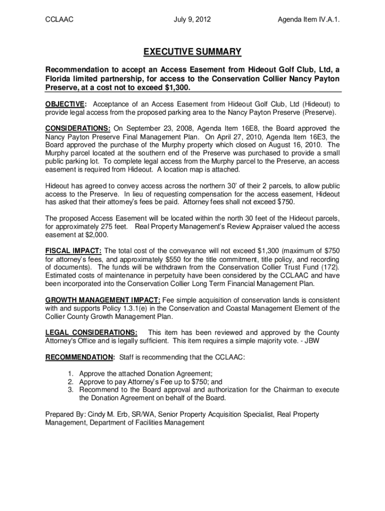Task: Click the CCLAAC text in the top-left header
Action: coord(59,20)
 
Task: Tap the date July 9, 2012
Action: coord(192,20)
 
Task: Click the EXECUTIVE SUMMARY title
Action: coord(192,52)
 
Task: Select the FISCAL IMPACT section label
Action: coord(73,251)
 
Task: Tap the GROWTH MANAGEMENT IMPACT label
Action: coord(103,300)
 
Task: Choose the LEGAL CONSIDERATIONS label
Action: coord(91,333)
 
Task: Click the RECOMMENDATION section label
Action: coord(80,357)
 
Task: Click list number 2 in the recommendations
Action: coord(71,382)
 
